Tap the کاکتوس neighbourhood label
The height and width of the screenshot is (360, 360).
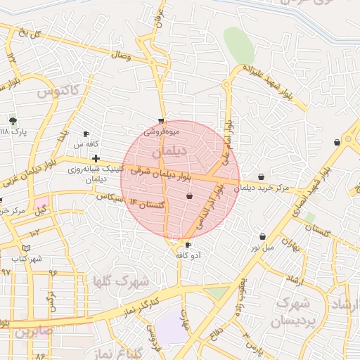tap(60, 91)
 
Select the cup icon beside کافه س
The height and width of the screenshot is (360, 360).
tap(86, 134)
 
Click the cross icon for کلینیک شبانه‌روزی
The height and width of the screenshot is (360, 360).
tap(96, 158)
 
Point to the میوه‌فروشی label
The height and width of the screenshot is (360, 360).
tap(162, 131)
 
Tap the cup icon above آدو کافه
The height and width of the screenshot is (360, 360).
tap(188, 245)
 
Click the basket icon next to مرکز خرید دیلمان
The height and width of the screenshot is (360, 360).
tap(262, 177)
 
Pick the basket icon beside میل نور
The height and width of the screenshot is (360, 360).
tap(262, 237)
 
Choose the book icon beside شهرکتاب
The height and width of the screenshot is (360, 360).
tap(26, 248)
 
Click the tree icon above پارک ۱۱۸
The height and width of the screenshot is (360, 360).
tap(13, 121)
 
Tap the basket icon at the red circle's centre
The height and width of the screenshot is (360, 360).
tap(189, 195)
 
